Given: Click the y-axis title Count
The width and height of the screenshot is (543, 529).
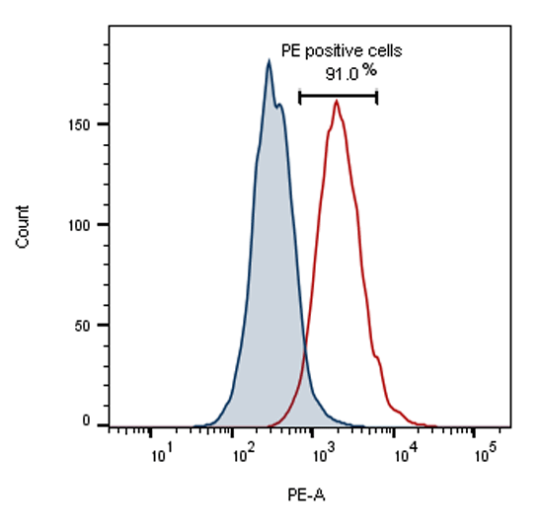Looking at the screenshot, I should point(23,225).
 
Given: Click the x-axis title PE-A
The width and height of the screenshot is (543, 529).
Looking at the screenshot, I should point(306,493).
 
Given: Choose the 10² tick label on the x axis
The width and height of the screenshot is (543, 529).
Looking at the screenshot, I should point(243,456).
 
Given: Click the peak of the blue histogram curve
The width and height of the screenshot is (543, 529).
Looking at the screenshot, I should point(269,61).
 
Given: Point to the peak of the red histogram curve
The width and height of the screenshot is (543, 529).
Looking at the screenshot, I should point(337,101).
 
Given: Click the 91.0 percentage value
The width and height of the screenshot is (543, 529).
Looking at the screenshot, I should point(341,73).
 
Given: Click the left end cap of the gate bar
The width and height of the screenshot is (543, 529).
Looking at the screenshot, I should point(299,96).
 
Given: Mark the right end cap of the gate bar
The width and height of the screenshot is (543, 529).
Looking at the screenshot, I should point(377,96).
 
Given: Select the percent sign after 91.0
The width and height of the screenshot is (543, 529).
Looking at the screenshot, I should point(368,71).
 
